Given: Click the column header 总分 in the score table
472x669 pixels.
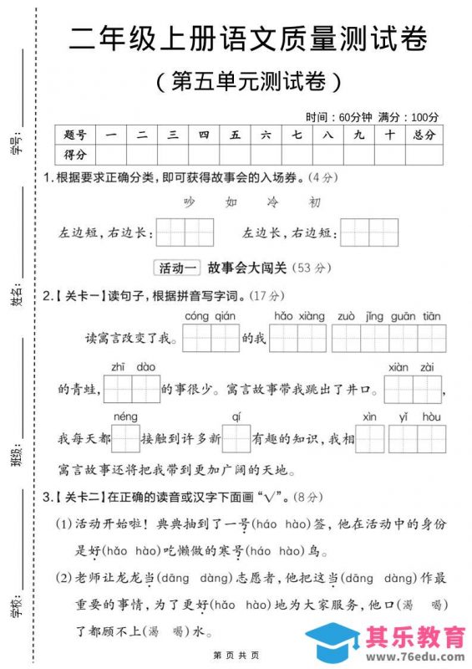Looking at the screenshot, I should [x=424, y=135].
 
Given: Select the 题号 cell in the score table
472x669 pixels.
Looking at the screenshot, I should [x=75, y=135].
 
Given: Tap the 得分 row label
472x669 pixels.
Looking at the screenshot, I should [x=75, y=155].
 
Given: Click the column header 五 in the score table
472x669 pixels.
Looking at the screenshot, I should [x=236, y=135].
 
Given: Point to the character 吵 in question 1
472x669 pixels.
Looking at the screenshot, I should [x=189, y=202].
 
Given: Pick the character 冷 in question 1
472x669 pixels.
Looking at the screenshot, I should [x=272, y=202].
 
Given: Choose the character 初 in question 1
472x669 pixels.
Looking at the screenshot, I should [x=314, y=202].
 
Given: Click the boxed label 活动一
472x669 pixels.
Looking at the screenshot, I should [x=178, y=268].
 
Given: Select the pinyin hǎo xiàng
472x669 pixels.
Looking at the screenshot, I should [x=298, y=316].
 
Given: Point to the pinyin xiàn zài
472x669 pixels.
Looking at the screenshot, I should [x=415, y=366].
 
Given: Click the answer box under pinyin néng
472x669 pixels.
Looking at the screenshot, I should [x=125, y=438].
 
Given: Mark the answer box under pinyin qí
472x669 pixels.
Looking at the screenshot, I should [x=236, y=438].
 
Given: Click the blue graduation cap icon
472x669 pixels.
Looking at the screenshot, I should [x=334, y=643].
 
